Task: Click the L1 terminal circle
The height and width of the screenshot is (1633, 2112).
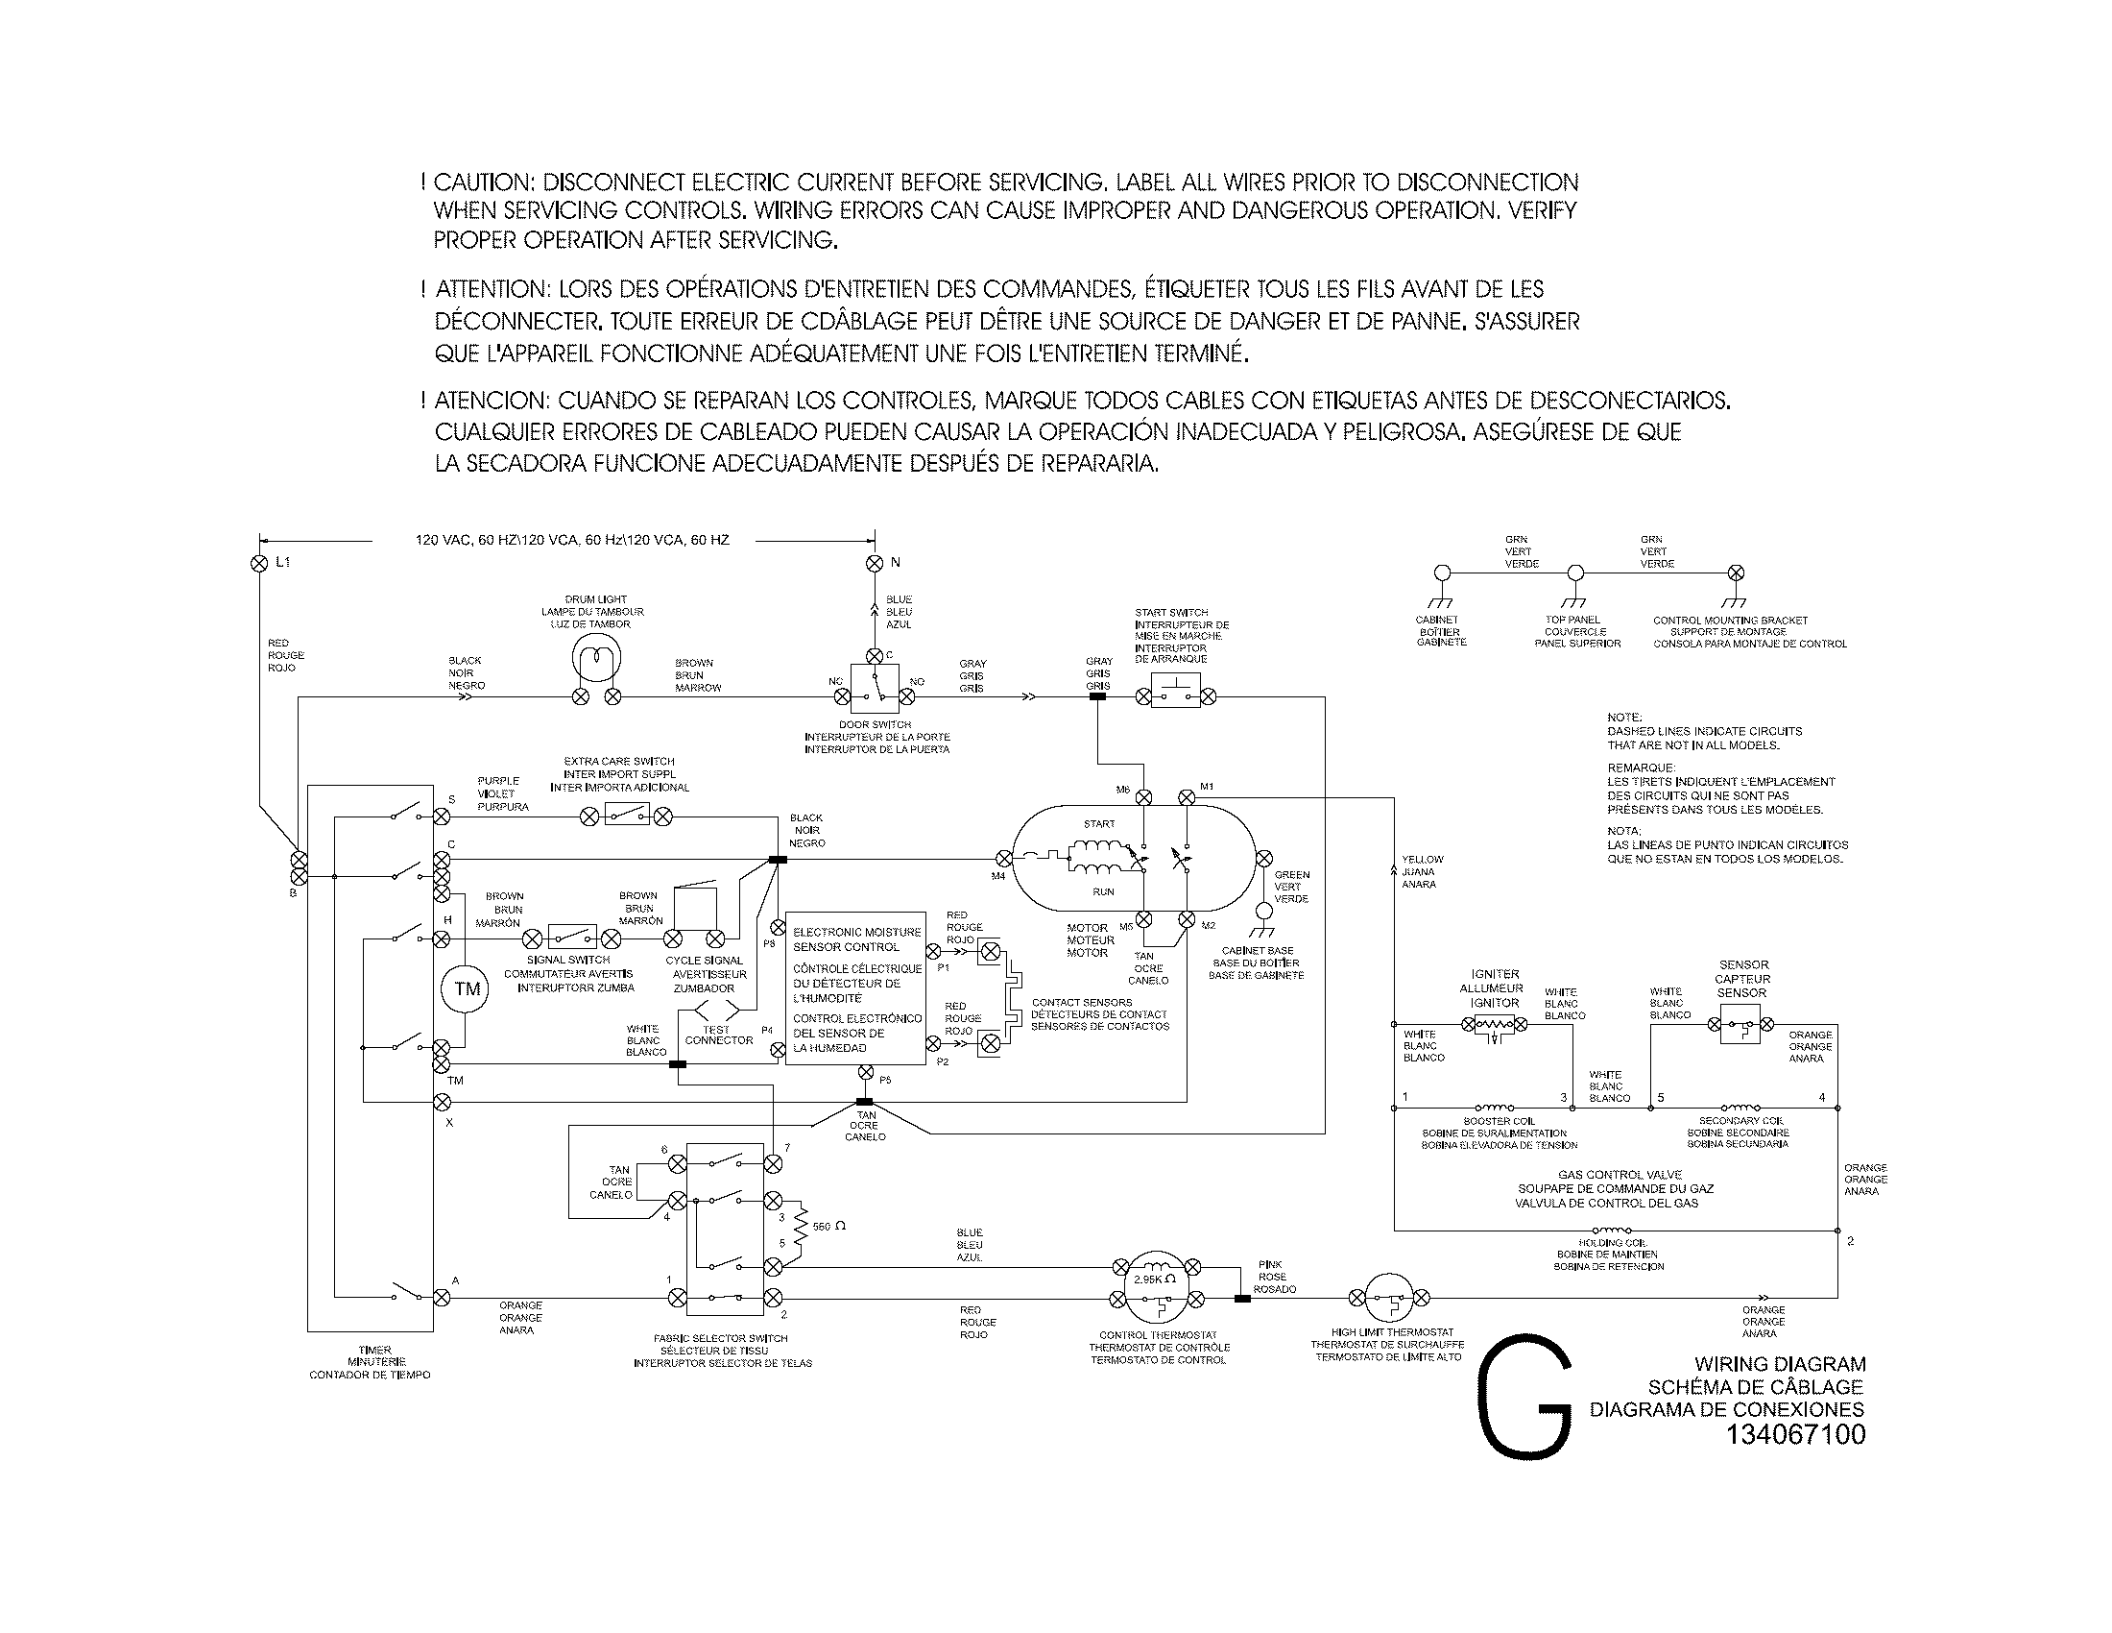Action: tap(258, 563)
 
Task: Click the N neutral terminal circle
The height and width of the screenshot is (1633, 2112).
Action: tap(875, 563)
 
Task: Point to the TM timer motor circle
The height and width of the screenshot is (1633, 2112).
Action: tap(467, 988)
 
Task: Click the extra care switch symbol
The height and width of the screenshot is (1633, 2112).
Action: tap(626, 815)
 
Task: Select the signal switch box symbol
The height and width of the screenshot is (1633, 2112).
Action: tap(571, 937)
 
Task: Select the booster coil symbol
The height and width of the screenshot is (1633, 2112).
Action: tap(1495, 1108)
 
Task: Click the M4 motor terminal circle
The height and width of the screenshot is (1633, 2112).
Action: tap(1004, 858)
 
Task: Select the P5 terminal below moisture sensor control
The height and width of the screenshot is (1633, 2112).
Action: tap(866, 1073)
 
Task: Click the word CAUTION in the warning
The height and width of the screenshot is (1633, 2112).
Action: tap(482, 183)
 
